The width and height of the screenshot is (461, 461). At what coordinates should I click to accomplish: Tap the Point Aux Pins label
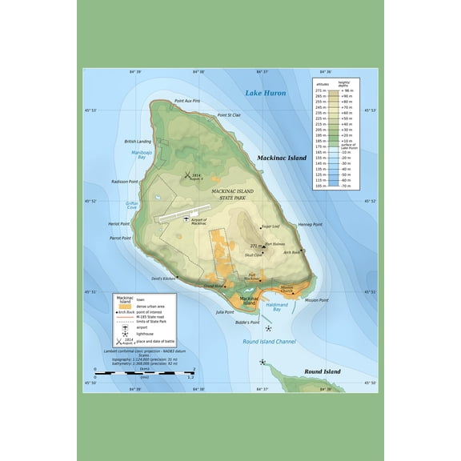pos(186,101)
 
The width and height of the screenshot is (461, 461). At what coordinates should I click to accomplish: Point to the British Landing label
pos(138,141)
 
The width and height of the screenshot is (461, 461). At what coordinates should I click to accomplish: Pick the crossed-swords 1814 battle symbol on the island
pos(187,175)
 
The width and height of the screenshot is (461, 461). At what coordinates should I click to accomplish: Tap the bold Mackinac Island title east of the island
pos(282,158)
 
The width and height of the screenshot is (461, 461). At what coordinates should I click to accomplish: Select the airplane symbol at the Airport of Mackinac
pos(186,216)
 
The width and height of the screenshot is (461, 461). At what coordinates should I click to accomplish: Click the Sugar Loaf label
pos(271,226)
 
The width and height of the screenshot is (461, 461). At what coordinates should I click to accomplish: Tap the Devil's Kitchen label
pos(162,279)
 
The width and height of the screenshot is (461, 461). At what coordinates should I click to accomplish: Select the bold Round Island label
pos(322,372)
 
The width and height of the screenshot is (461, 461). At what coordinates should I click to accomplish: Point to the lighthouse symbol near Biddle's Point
pos(269,328)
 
